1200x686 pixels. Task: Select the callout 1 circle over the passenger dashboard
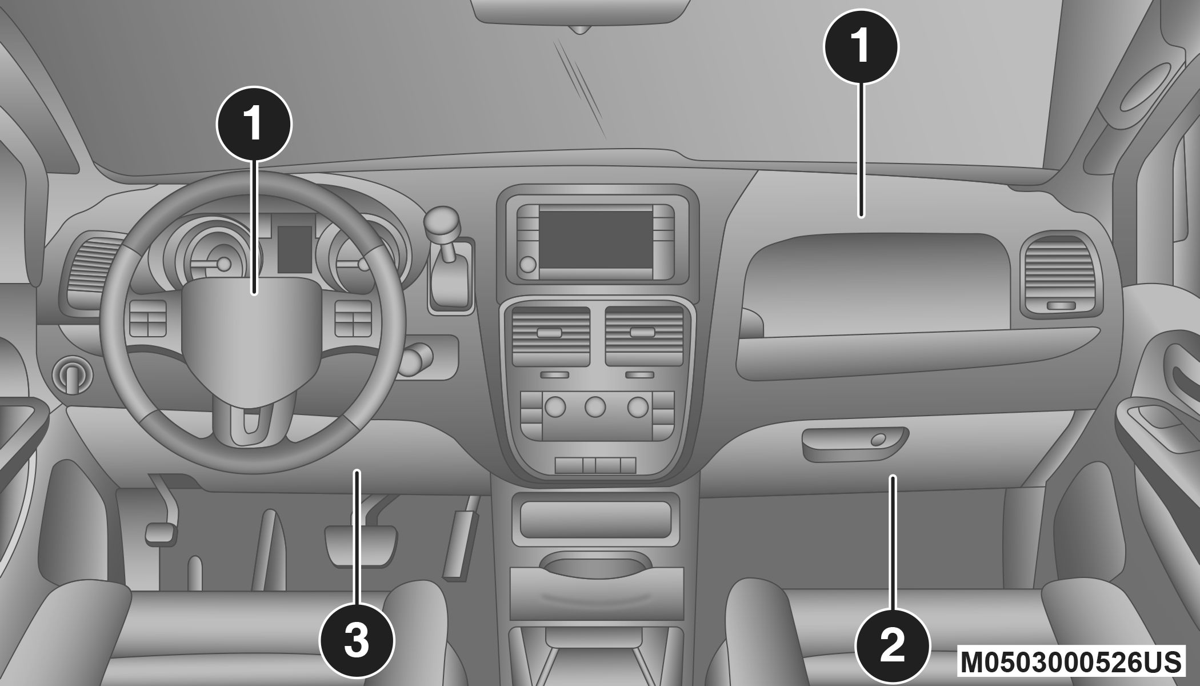tap(861, 46)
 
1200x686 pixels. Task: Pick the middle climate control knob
tap(595, 407)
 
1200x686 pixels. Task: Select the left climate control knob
tap(555, 407)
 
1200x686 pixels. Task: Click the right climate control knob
tap(638, 407)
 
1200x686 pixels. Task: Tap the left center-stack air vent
tap(551, 336)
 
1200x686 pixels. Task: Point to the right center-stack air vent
tap(644, 336)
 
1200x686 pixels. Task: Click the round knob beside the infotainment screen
tap(529, 264)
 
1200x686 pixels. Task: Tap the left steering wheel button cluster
tap(148, 318)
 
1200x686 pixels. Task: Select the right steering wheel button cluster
tap(353, 318)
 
